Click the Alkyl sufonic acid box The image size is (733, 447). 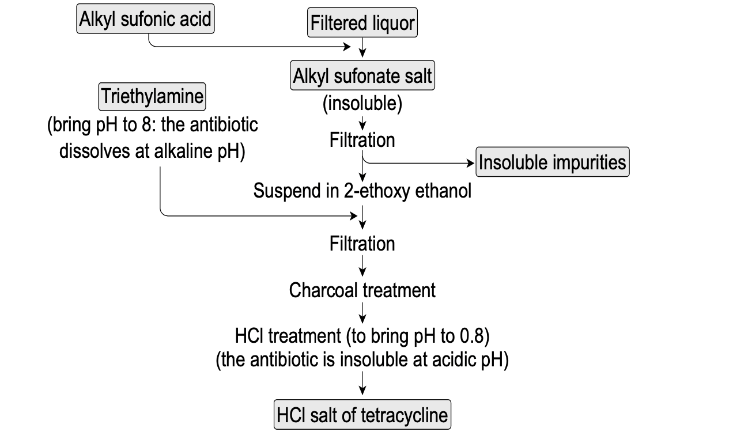pos(145,20)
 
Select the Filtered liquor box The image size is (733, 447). pos(362,24)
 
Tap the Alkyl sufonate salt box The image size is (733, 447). pos(362,76)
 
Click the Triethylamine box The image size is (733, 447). pos(152,96)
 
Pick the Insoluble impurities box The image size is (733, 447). pos(552,162)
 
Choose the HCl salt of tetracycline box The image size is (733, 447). pos(362,415)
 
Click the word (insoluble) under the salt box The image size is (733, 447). pos(362,104)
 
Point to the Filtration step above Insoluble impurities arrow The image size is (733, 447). pos(362,140)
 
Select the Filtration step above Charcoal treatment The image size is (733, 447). pos(362,244)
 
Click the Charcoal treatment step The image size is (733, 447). pos(362,290)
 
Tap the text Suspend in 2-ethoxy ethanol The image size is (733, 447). pos(362,191)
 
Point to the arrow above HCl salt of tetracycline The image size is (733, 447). pos(362,383)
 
